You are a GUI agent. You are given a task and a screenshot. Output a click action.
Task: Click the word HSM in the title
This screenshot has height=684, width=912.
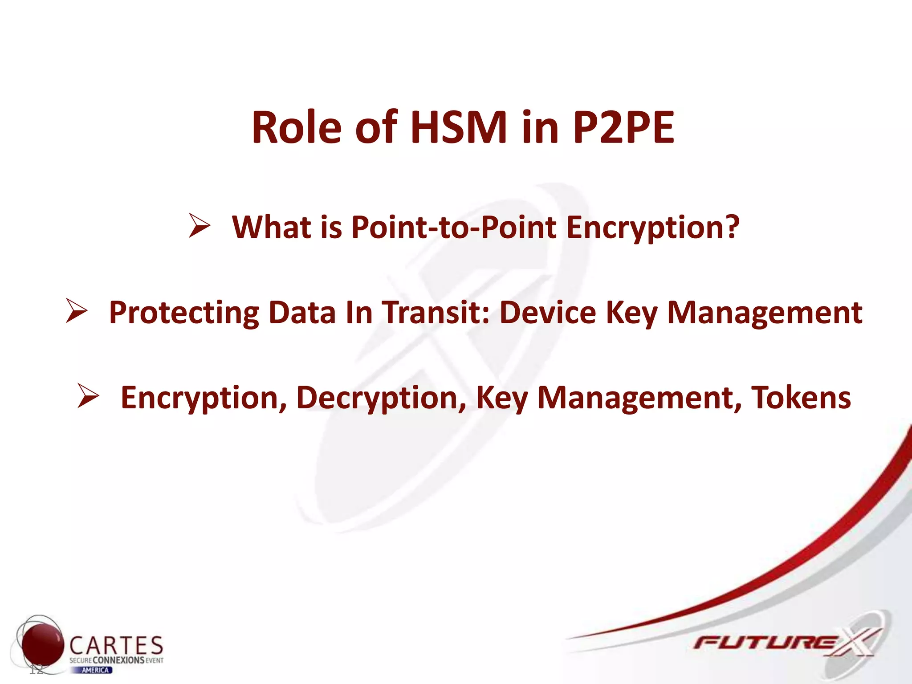(459, 128)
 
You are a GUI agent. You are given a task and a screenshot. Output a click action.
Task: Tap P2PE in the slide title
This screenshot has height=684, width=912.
(623, 128)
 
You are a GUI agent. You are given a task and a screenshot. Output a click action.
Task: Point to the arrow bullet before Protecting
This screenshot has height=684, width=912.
(76, 311)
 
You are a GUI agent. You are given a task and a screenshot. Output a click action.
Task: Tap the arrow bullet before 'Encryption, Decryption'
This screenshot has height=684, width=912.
(88, 396)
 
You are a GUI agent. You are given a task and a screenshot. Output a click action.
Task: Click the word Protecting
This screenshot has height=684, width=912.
(184, 313)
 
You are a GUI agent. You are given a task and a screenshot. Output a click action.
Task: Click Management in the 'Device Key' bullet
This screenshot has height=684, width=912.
(765, 313)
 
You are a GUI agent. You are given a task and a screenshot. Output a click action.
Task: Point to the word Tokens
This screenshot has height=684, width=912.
(801, 397)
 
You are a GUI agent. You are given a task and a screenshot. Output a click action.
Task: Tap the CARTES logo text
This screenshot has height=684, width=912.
(117, 645)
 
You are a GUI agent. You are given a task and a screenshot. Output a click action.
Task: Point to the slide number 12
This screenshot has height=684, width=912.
(37, 669)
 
